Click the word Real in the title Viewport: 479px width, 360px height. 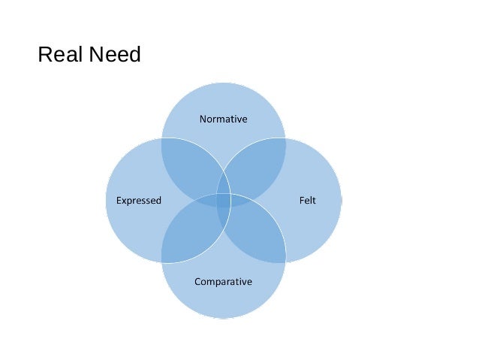pos(59,56)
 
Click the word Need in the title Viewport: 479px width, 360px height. pos(113,56)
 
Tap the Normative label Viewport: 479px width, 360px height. pos(223,119)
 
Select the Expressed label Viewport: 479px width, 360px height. pos(139,201)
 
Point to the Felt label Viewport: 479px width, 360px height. pos(308,201)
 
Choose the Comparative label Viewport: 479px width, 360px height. pos(223,282)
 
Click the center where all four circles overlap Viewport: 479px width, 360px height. pos(223,201)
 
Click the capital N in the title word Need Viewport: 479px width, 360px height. pos(94,56)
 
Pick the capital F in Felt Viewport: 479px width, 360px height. pos(301,201)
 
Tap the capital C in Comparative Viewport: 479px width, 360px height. pos(197,282)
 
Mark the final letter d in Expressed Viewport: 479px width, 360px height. pos(158,201)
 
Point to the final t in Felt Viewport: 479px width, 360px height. pos(315,201)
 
